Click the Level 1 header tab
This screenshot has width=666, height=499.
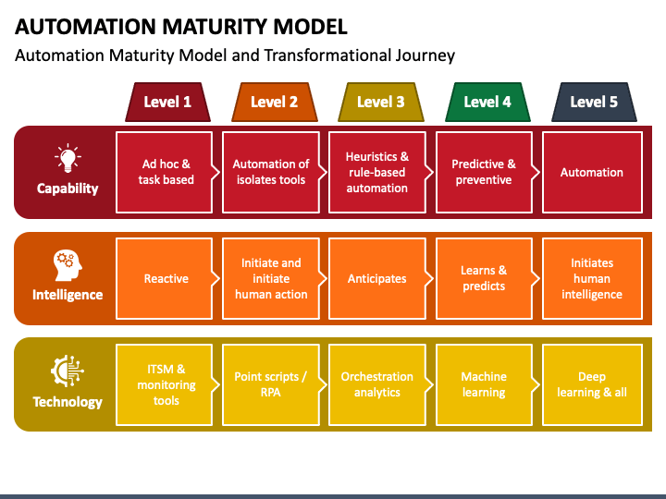click(167, 102)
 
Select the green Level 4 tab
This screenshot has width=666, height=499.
click(487, 102)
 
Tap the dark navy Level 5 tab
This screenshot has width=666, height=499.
click(594, 102)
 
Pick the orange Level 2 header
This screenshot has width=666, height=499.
click(275, 102)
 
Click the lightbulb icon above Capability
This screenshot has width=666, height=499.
click(68, 158)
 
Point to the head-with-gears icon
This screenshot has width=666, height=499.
click(68, 265)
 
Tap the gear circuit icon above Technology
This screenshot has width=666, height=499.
click(68, 371)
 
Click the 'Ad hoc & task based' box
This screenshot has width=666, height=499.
click(165, 172)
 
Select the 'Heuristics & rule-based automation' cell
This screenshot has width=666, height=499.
click(377, 172)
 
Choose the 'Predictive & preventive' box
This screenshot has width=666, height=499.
click(484, 172)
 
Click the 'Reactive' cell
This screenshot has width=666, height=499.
click(165, 278)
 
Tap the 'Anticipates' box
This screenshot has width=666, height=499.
click(377, 278)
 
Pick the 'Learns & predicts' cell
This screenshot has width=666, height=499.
click(484, 278)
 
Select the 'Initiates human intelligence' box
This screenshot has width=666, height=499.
click(592, 278)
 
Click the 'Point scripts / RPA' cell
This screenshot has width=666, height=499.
click(271, 384)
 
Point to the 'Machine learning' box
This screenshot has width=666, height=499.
click(484, 384)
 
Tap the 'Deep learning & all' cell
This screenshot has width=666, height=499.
click(592, 384)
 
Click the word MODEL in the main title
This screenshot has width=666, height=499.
click(311, 27)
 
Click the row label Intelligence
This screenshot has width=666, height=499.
click(68, 295)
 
